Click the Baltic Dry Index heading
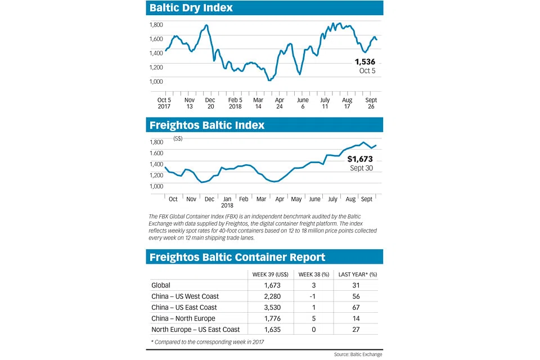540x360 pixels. [x=191, y=8]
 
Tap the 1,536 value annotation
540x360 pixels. [x=364, y=62]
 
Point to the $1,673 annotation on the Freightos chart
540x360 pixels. [x=360, y=160]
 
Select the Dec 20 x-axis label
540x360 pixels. [x=210, y=102]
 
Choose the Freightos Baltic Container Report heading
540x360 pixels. [x=237, y=257]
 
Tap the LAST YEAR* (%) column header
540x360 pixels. [x=356, y=274]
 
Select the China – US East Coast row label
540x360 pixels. [x=184, y=308]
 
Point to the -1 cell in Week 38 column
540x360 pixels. [x=314, y=296]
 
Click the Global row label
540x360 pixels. [x=161, y=286]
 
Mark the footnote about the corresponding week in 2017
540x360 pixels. [x=206, y=342]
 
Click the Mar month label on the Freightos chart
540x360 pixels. [x=261, y=199]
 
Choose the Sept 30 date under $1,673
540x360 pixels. [x=361, y=168]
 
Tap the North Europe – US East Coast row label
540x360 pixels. [x=196, y=329]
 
